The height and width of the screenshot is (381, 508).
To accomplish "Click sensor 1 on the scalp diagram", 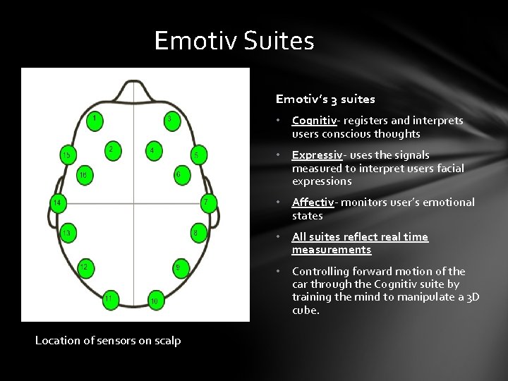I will tap(93, 119).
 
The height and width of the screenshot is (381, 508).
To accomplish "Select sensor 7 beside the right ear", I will tap(205, 203).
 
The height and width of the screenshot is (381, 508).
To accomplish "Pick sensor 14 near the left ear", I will tap(57, 203).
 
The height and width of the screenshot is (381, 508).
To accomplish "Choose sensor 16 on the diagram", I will tap(84, 175).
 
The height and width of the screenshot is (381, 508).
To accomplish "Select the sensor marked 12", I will tap(85, 267).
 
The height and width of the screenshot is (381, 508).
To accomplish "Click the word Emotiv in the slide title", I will tap(195, 41).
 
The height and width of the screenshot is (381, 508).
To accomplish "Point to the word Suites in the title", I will tap(279, 41).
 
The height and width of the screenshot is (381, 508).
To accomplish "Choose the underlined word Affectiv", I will tap(313, 202).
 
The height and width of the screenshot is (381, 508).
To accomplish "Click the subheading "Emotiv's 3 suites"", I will tap(325, 99).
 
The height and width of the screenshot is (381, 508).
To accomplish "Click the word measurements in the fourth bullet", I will tap(332, 250).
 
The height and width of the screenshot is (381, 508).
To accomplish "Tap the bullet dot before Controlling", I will tap(280, 272).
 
